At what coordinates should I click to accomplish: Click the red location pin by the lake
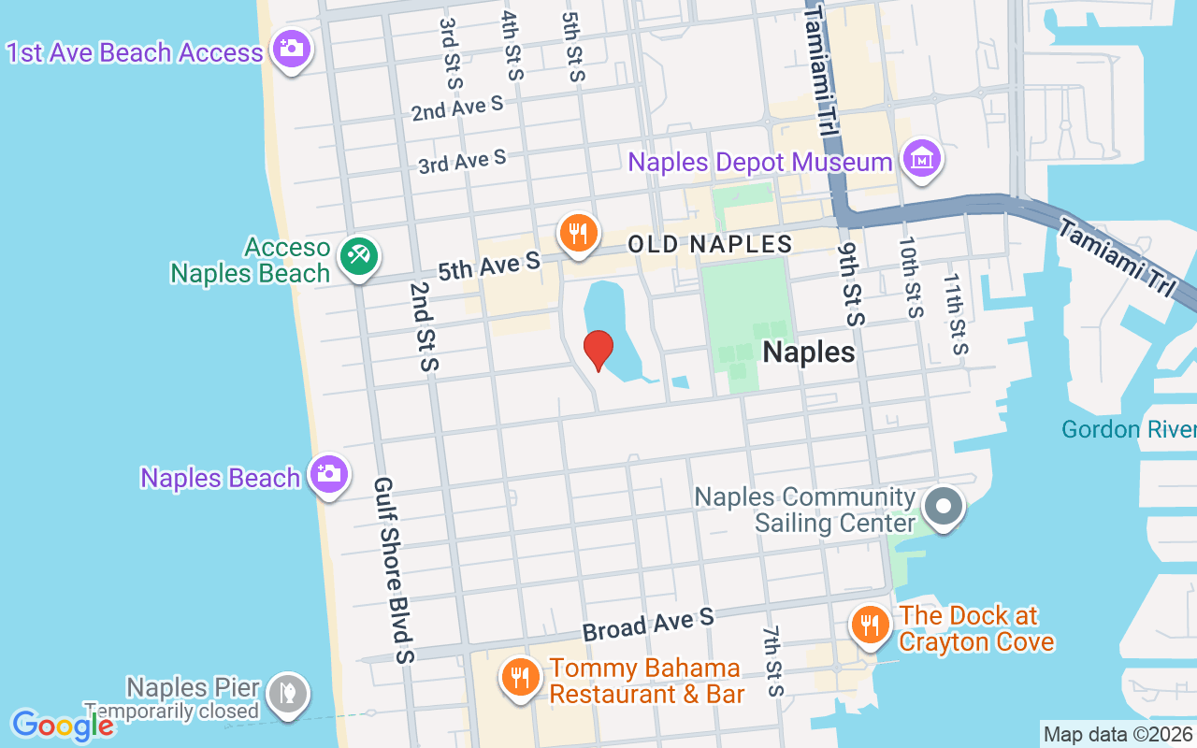point(598,349)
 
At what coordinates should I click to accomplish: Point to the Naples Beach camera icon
point(328,474)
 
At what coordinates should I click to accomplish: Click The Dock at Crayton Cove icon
point(871,624)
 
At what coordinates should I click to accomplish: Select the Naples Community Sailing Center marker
point(943,508)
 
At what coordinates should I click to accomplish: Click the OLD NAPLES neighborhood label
point(710,245)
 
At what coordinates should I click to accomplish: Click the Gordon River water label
point(1129,429)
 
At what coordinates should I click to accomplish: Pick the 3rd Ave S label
point(462,162)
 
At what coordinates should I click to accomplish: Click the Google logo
point(63,725)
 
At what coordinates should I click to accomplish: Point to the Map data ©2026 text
point(1118,734)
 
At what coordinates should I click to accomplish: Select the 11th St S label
point(956,314)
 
